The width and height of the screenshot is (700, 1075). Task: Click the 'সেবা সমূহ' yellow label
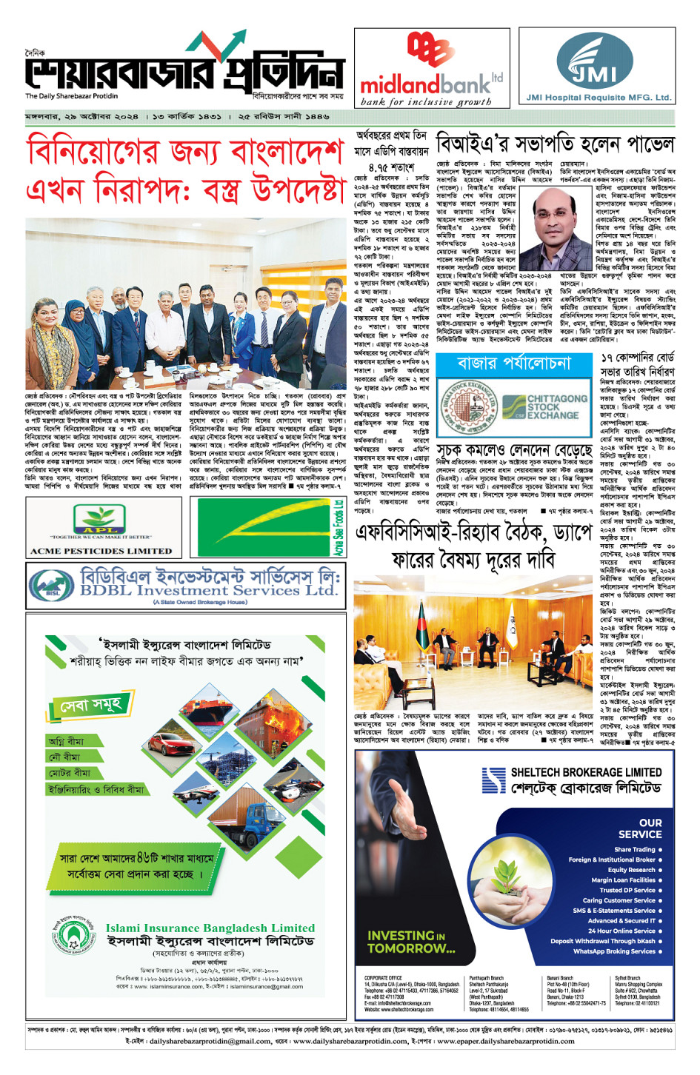point(91,703)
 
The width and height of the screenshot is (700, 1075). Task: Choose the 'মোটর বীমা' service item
point(70,773)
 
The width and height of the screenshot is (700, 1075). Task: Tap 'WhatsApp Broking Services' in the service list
point(614,951)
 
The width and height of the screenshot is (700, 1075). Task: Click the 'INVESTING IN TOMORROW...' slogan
point(411,942)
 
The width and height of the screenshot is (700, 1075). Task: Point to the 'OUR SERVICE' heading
point(640,828)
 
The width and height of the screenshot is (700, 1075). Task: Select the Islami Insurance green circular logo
point(74,937)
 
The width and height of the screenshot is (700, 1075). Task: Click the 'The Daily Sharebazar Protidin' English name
point(71,96)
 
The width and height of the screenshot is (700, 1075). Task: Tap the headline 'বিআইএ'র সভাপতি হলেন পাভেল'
point(555,143)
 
